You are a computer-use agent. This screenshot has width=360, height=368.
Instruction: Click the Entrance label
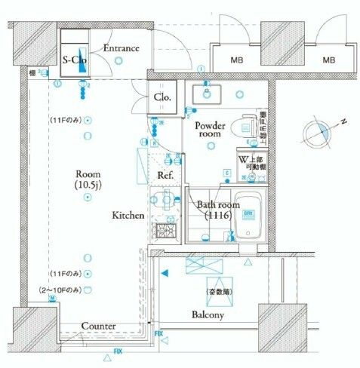(x=122, y=48)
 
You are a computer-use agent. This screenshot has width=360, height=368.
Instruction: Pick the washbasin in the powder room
(x=205, y=94)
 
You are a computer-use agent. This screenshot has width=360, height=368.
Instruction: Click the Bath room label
(x=218, y=204)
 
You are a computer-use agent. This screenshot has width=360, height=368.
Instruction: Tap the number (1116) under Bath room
(x=218, y=216)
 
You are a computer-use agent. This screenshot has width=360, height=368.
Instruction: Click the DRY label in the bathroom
(x=247, y=213)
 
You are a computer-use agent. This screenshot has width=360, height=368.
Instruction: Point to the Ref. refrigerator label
(x=167, y=176)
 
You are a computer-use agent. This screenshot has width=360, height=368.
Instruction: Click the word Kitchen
(x=128, y=216)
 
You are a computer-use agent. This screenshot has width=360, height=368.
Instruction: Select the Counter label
(x=98, y=326)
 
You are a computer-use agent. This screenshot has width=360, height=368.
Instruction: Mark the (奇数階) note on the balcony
(x=218, y=291)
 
